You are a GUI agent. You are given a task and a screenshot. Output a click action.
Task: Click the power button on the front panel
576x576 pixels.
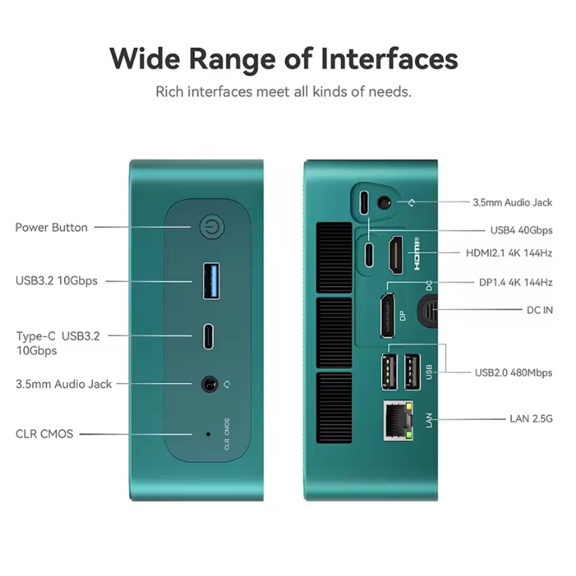pos(212,227)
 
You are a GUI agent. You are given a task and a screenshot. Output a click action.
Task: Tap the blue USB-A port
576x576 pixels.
pos(212,281)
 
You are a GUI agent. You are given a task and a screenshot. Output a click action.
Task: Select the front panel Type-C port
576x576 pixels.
pos(209,336)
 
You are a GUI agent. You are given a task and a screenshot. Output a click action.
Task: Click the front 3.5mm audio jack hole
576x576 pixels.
pos(210,384)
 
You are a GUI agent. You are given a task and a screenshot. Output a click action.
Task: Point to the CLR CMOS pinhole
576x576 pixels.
pos(209,434)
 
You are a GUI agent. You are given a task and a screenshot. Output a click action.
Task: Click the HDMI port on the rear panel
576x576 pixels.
pos(396,255)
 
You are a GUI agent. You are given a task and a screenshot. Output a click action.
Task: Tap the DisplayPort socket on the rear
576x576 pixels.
pos(388,315)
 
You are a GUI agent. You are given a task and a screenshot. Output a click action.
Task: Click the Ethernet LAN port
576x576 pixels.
pos(398,421)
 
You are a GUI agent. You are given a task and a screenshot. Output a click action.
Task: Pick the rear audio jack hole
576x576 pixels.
pos(384,203)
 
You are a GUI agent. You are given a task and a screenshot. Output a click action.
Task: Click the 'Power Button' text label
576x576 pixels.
pos(51,227)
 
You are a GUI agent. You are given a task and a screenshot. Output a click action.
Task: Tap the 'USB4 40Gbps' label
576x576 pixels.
pos(521,230)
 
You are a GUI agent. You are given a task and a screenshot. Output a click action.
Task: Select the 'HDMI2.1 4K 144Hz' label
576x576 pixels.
pos(509,253)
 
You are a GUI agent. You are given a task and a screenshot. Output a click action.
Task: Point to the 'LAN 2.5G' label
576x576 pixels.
pos(531,419)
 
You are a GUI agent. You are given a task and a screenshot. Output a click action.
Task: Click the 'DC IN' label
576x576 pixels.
pos(540,310)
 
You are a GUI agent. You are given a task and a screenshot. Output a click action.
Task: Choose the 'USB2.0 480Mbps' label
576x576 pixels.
pos(514,373)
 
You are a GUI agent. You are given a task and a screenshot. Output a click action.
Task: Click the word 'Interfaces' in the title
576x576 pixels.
pos(389,59)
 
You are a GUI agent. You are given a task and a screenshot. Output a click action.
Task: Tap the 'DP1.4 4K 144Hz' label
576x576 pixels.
pos(515,282)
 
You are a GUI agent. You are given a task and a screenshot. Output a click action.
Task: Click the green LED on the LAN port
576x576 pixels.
pos(408,436)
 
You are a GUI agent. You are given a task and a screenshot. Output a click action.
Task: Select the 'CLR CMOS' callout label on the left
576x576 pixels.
pos(44,434)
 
